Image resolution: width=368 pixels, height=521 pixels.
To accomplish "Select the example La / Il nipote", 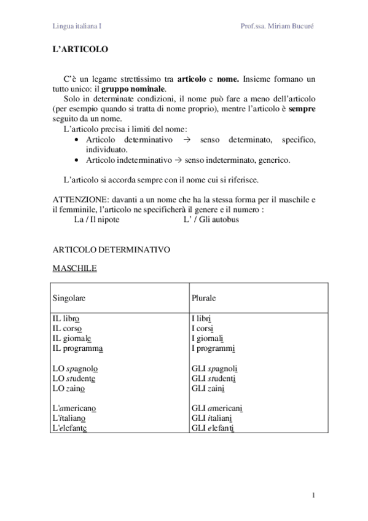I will (x=92, y=219).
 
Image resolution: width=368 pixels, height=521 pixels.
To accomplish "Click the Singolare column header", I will (x=69, y=297).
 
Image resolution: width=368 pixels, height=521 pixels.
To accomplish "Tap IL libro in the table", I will (x=66, y=319).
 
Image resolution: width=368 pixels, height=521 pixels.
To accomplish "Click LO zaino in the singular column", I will (x=68, y=388).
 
